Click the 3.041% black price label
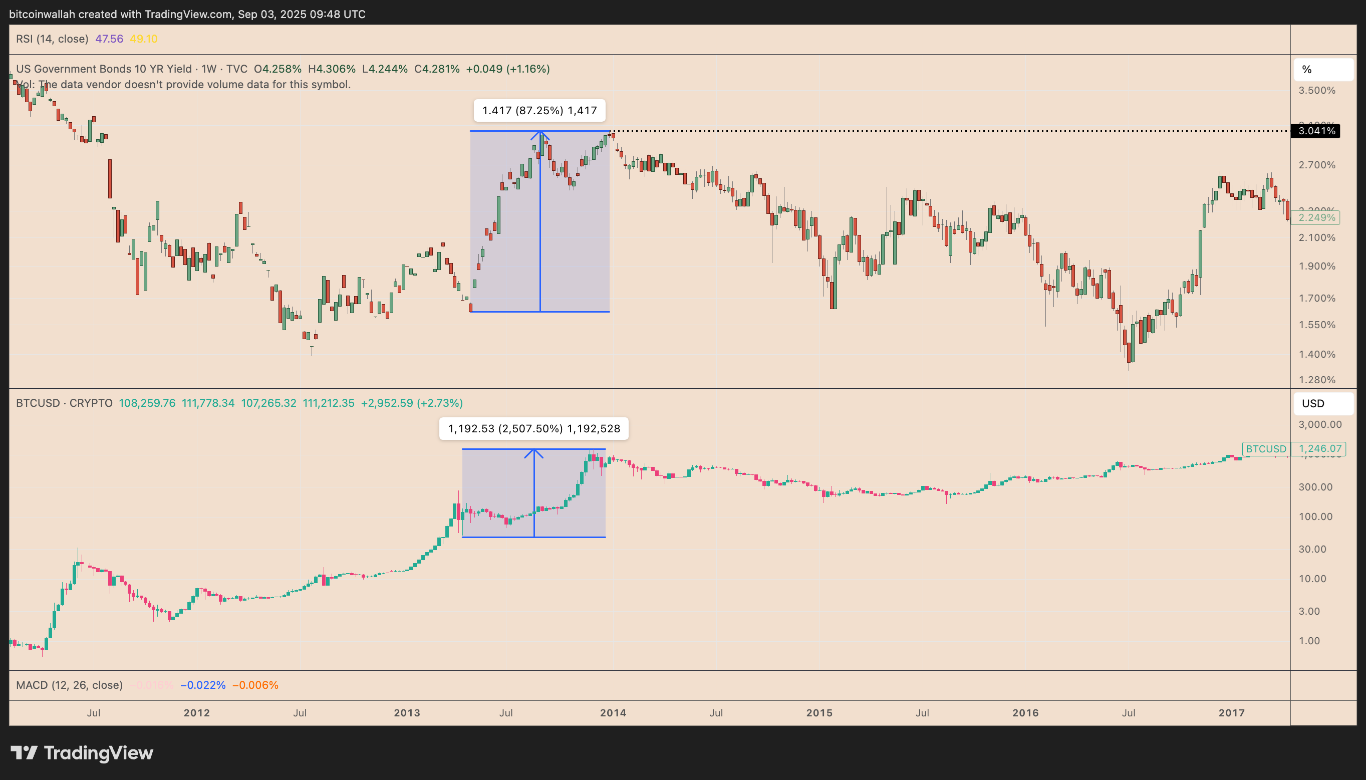(1315, 131)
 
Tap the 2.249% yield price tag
(1317, 217)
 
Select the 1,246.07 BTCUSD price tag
(1320, 449)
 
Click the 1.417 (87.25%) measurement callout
(539, 111)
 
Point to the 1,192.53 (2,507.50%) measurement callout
(533, 428)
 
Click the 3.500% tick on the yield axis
(1317, 91)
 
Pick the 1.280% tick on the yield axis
(1317, 380)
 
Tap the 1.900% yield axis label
(1317, 266)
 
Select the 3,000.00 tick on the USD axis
(1320, 424)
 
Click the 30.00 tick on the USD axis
(1312, 549)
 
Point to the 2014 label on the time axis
(613, 713)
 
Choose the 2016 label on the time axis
(1025, 713)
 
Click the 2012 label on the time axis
(196, 713)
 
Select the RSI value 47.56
(109, 39)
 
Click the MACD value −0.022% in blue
(202, 685)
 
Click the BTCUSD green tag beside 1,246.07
(1265, 449)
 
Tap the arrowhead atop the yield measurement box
(540, 134)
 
